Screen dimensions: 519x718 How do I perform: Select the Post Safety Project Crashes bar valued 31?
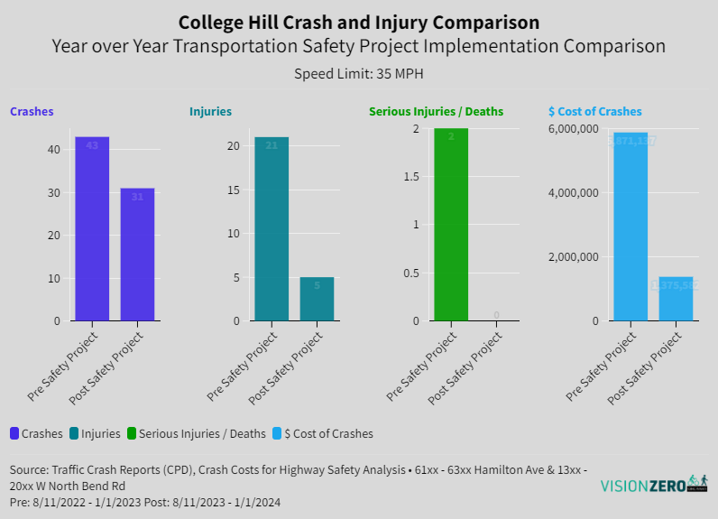pos(137,255)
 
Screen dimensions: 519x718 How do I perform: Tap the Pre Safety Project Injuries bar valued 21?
pos(272,228)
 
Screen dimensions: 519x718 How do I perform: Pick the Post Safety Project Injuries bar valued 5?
pos(317,299)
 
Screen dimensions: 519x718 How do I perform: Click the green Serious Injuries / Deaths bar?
pos(451,225)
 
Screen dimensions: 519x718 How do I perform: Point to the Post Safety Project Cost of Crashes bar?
pos(676,299)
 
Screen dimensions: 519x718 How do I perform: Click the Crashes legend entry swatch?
pos(14,433)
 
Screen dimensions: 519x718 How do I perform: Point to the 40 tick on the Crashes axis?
pos(54,150)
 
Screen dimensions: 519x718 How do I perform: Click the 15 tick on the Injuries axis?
pos(234,190)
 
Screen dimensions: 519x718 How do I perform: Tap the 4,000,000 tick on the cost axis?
pos(573,193)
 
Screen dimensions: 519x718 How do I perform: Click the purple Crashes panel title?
pos(32,112)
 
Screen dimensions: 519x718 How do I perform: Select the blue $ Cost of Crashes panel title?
pos(595,112)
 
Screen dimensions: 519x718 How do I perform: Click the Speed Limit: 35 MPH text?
pos(358,74)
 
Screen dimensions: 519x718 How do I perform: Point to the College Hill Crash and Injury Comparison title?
pos(359,22)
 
